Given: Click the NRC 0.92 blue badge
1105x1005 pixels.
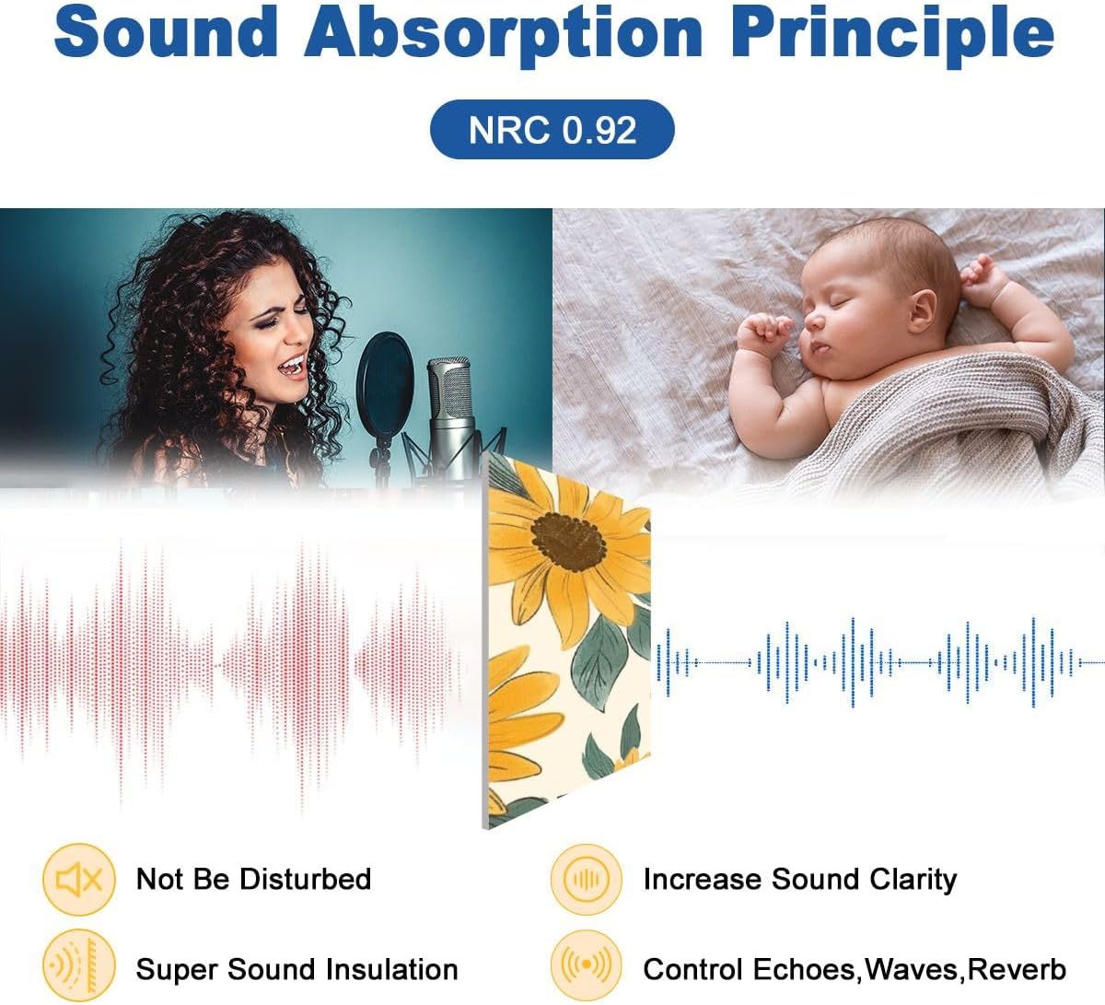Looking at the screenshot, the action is coord(552,130).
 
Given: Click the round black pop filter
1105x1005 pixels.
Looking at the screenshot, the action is coord(385,384).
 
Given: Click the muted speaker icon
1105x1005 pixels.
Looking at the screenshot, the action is coord(79,879).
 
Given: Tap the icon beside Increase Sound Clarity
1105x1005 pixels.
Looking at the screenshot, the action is coord(586,879).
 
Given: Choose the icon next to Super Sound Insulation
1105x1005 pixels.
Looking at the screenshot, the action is coord(79,964).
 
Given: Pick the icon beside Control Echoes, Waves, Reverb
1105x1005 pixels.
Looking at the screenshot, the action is coord(586,964).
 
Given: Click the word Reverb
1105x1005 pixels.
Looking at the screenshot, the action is coord(1017,969).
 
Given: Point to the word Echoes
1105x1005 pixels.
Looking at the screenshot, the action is coord(804,969).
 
